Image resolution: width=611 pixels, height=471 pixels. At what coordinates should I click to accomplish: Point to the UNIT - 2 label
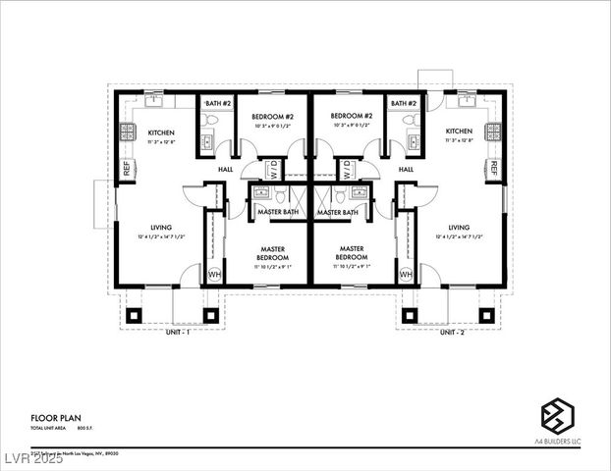pos(452,333)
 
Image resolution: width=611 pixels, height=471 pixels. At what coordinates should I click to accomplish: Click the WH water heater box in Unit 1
pos(214,275)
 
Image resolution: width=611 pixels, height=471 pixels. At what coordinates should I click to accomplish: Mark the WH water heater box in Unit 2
pos(406,275)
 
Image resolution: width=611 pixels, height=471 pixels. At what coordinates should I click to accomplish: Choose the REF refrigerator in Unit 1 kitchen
pos(127,169)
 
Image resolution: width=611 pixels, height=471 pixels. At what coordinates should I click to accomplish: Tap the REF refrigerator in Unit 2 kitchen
pos(493,169)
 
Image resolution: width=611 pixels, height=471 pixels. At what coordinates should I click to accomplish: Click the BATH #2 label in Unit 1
pos(217,103)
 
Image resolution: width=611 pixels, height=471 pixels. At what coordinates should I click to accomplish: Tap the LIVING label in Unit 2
pos(460,227)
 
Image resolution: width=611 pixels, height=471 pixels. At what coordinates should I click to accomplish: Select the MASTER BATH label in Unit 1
pos(278,212)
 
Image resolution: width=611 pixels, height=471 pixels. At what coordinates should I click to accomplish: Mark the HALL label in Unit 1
pos(225,169)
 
